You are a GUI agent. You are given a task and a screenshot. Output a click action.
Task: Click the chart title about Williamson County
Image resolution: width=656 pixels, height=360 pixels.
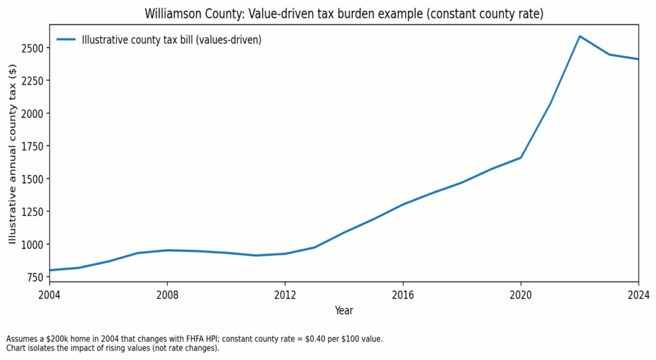pyautogui.click(x=343, y=13)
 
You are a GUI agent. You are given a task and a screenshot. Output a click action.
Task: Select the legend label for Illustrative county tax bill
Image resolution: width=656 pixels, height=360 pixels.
pyautogui.click(x=172, y=40)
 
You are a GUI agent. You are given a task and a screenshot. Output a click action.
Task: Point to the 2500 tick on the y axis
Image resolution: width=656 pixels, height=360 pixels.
pyautogui.click(x=31, y=48)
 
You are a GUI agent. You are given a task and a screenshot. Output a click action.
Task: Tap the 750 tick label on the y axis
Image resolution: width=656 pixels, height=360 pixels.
pyautogui.click(x=34, y=277)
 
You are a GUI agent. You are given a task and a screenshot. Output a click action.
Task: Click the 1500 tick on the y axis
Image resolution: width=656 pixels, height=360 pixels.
pyautogui.click(x=31, y=179)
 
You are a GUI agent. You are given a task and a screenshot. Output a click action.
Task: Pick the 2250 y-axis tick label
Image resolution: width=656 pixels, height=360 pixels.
pyautogui.click(x=31, y=81)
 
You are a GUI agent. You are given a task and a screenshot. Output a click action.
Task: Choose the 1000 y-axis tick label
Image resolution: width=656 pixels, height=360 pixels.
pyautogui.click(x=31, y=244)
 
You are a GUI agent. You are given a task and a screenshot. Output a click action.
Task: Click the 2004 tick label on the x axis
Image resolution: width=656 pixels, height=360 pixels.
pyautogui.click(x=49, y=295)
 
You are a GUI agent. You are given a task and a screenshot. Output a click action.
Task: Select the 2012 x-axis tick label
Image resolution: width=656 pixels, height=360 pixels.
pyautogui.click(x=285, y=295)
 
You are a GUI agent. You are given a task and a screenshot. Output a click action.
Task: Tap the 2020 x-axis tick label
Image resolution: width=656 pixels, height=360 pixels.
pyautogui.click(x=521, y=295)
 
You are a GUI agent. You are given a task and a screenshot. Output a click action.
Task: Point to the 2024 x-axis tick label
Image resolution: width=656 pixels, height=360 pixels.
pyautogui.click(x=638, y=295)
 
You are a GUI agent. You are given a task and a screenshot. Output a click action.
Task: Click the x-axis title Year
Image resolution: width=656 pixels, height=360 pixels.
pyautogui.click(x=343, y=311)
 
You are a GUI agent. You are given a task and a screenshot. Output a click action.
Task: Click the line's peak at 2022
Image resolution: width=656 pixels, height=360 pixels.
pyautogui.click(x=580, y=37)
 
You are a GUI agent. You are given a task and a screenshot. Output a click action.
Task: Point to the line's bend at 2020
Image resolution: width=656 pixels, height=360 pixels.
pyautogui.click(x=521, y=158)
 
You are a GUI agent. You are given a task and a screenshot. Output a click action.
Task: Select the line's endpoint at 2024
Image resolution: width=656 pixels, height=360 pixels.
pyautogui.click(x=638, y=60)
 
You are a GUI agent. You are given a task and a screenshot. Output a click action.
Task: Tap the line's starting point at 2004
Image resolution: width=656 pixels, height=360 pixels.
pyautogui.click(x=50, y=270)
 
